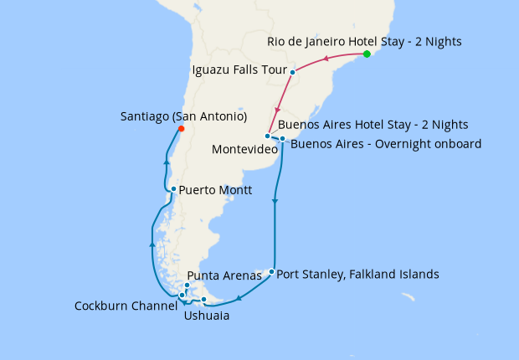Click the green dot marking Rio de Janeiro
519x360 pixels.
pyautogui.click(x=367, y=54)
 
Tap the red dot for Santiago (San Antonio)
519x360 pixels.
pyautogui.click(x=182, y=129)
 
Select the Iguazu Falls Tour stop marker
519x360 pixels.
pyautogui.click(x=292, y=72)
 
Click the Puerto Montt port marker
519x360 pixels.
pyautogui.click(x=173, y=189)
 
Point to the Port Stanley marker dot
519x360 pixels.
pyautogui.click(x=271, y=271)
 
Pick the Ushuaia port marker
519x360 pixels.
pyautogui.click(x=203, y=300)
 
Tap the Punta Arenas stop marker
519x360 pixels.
pyautogui.click(x=187, y=286)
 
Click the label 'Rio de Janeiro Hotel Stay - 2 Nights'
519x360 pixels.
pyautogui.click(x=364, y=41)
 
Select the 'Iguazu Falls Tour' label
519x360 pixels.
pyautogui.click(x=239, y=69)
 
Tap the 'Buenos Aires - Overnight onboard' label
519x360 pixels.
pyautogui.click(x=386, y=144)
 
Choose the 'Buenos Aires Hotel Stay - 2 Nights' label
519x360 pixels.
pyautogui.click(x=373, y=125)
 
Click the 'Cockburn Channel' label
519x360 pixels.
pyautogui.click(x=126, y=306)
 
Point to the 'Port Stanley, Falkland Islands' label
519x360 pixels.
pyautogui.click(x=357, y=274)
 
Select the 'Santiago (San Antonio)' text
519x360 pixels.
pyautogui.click(x=183, y=116)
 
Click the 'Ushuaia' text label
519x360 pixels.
pyautogui.click(x=206, y=316)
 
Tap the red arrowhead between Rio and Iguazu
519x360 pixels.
pyautogui.click(x=326, y=58)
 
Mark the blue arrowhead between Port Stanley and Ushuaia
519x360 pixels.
pyautogui.click(x=239, y=298)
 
